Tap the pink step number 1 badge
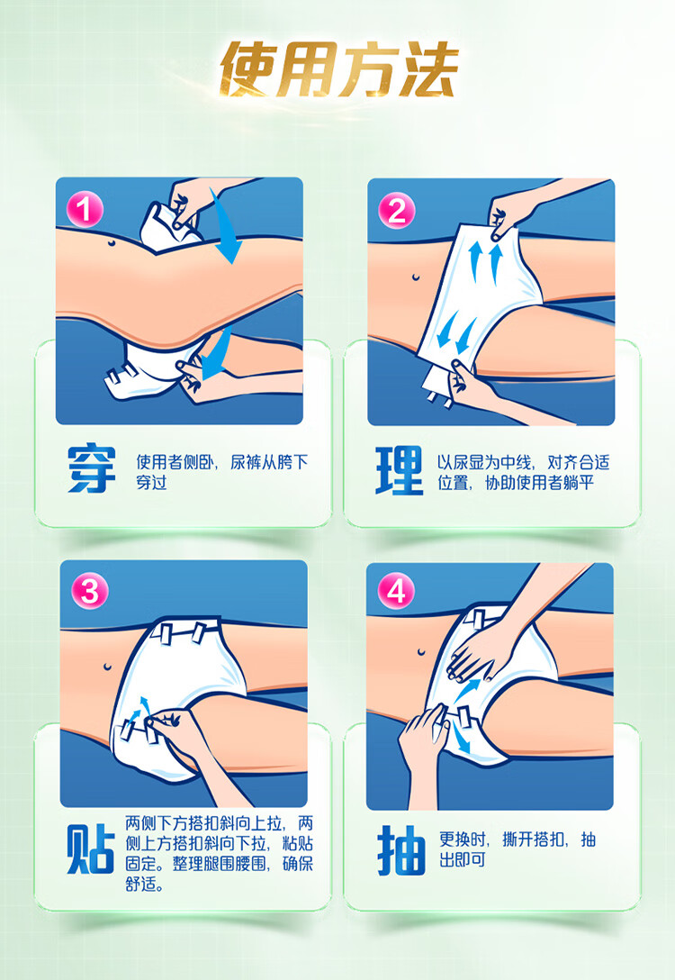(x=85, y=209)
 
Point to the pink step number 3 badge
(x=90, y=591)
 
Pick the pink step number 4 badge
(x=397, y=591)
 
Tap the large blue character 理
(x=400, y=470)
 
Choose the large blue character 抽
(x=400, y=850)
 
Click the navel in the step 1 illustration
(x=111, y=242)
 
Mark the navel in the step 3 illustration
(x=108, y=665)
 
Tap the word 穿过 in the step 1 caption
(x=152, y=483)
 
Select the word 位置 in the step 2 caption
(x=453, y=483)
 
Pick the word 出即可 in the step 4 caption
(x=462, y=859)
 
